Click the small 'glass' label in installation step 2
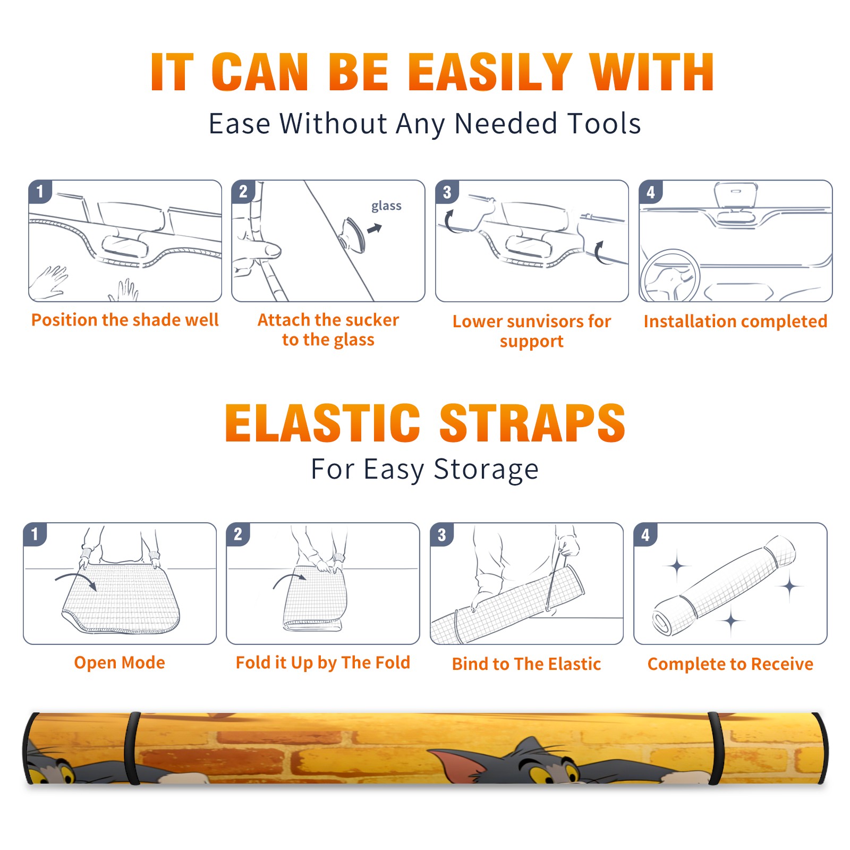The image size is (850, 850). [386, 206]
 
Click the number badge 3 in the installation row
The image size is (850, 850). [447, 192]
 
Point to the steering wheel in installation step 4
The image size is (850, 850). [669, 276]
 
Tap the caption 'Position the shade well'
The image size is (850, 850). [125, 320]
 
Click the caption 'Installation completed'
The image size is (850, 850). [735, 321]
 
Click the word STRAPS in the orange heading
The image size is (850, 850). [532, 423]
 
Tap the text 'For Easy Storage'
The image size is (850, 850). [424, 470]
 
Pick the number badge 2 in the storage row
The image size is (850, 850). [238, 534]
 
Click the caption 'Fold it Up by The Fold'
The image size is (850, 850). [323, 662]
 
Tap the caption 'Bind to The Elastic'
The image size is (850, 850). [526, 664]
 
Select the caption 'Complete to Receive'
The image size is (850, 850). [730, 664]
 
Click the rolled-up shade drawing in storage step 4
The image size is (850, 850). [724, 586]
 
